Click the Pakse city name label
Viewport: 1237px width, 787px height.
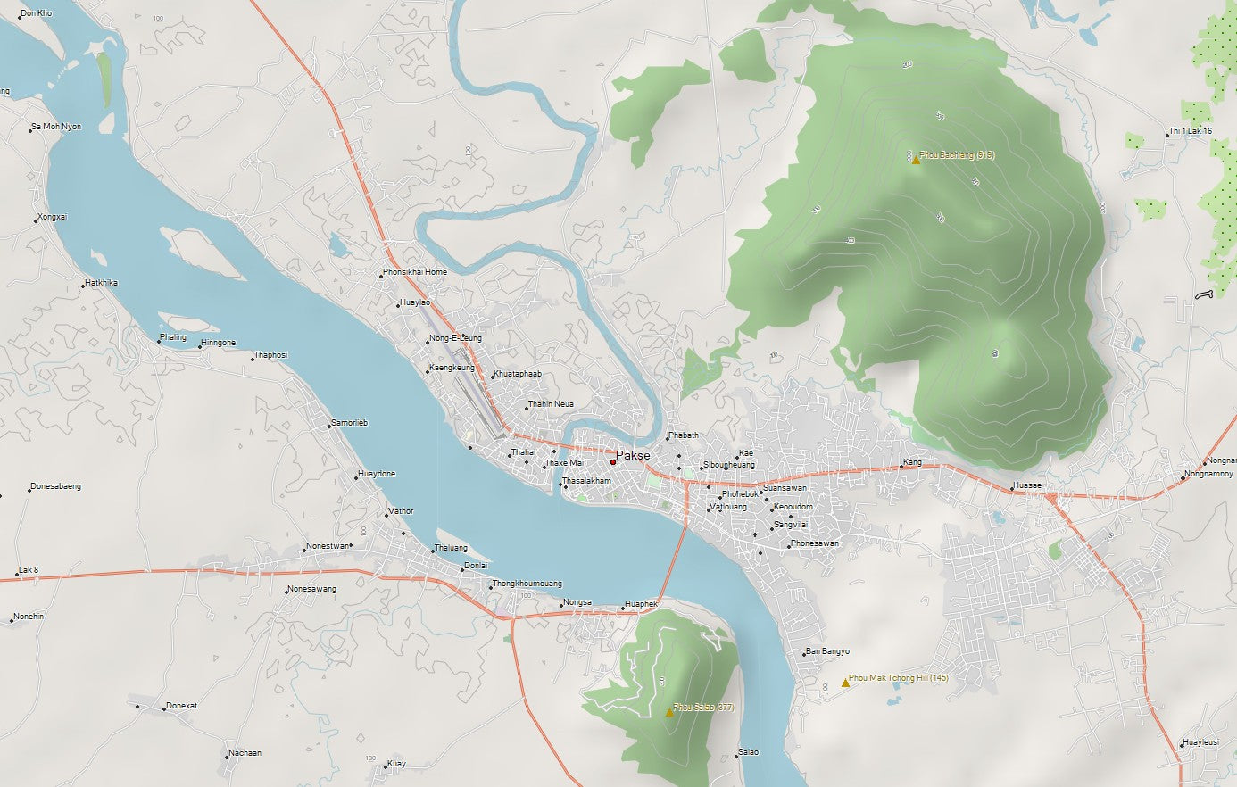pyautogui.click(x=633, y=455)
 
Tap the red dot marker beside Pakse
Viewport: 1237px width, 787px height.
pyautogui.click(x=613, y=462)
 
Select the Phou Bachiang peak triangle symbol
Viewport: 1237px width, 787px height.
pyautogui.click(x=916, y=160)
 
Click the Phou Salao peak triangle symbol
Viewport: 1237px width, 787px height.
pyautogui.click(x=669, y=712)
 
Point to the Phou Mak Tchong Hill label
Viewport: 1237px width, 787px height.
pyautogui.click(x=898, y=678)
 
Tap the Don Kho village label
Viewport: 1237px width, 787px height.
pyautogui.click(x=37, y=13)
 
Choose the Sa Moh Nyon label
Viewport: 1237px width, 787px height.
pyautogui.click(x=57, y=127)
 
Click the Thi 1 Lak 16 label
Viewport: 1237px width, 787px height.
pyautogui.click(x=1191, y=131)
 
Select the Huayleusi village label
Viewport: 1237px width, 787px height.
pyautogui.click(x=1200, y=742)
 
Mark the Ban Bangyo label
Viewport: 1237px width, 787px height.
pyautogui.click(x=827, y=651)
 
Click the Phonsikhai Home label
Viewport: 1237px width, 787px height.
pyautogui.click(x=415, y=272)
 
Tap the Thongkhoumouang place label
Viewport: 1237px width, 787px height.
pyautogui.click(x=527, y=584)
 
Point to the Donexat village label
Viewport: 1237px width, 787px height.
pyautogui.click(x=181, y=706)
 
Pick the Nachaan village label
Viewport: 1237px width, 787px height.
pyautogui.click(x=245, y=753)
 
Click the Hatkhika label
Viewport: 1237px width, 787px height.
pyautogui.click(x=102, y=283)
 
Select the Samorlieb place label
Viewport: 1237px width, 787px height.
pyautogui.click(x=349, y=423)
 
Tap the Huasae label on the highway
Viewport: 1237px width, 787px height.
pyautogui.click(x=1027, y=486)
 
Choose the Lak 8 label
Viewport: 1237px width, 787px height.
pyautogui.click(x=29, y=570)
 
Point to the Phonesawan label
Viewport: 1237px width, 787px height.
pyautogui.click(x=814, y=543)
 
